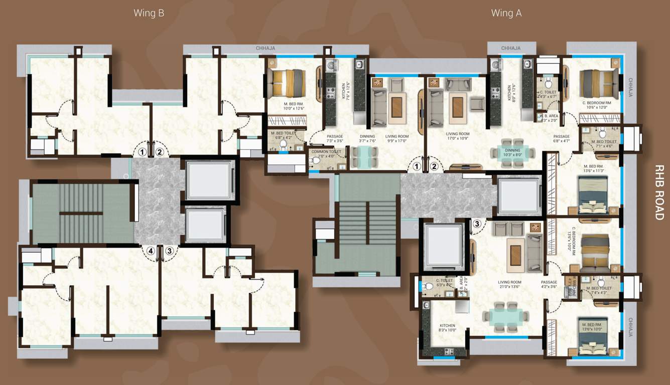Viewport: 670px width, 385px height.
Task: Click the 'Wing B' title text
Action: pos(149,13)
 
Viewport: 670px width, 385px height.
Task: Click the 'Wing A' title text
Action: pos(506,13)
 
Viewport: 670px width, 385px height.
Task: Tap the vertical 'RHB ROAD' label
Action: pos(659,192)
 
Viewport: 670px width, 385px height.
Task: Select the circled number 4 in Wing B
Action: pos(150,251)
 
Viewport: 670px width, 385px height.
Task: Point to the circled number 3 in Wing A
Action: pos(477,224)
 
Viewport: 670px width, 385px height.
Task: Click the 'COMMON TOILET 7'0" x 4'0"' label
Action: pos(326,154)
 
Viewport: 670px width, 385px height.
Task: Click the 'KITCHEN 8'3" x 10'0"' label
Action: pos(447,327)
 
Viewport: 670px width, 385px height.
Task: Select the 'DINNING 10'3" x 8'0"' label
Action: pos(513,153)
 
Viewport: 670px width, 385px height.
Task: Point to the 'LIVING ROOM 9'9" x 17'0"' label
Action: pos(397,139)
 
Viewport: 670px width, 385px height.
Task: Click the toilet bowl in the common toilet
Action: pos(316,161)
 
